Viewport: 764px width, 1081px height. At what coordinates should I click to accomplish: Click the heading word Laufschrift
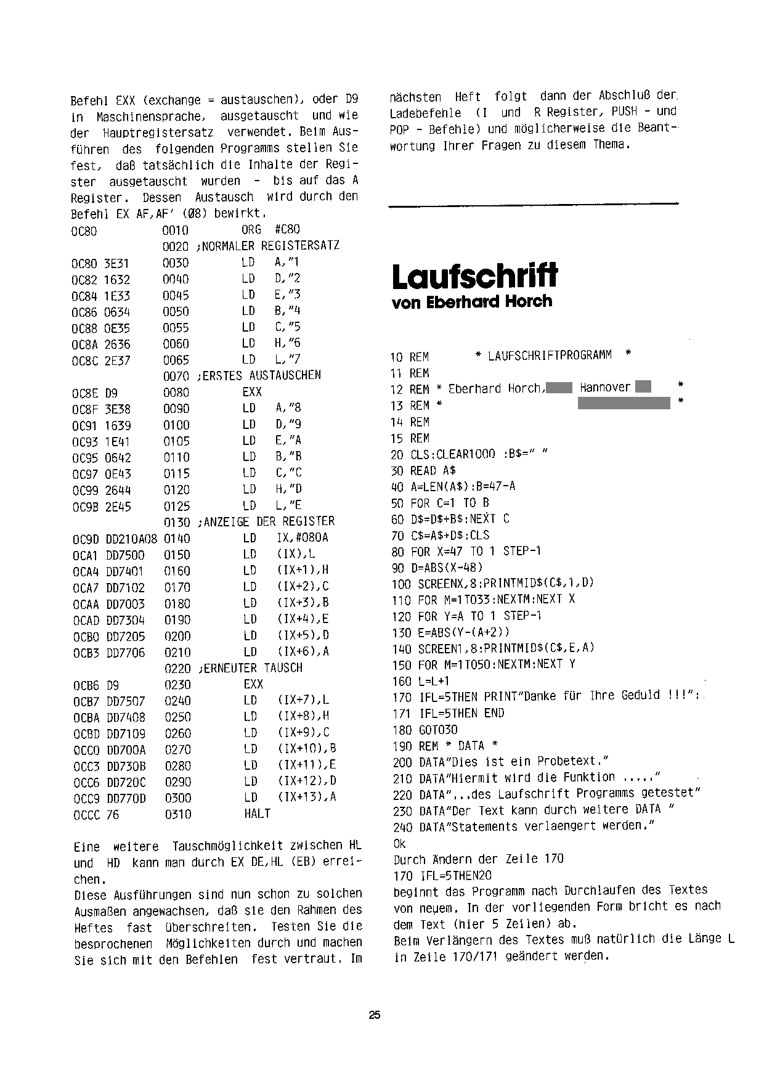(474, 275)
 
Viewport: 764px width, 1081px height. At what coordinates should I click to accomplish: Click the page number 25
(375, 1015)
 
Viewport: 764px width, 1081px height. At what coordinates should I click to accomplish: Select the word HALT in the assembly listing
(257, 814)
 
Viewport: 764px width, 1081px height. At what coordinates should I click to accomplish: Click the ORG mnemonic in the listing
(252, 229)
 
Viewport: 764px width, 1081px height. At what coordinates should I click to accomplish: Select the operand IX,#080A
(303, 538)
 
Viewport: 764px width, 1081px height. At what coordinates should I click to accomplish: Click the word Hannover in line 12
(605, 388)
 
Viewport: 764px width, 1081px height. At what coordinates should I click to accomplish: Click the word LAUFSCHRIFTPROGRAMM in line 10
(550, 356)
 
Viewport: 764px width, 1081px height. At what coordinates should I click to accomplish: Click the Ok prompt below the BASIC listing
(400, 843)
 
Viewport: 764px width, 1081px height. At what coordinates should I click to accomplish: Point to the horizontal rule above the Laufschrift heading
(534, 203)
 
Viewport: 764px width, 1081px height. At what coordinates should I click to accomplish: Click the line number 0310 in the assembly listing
(177, 814)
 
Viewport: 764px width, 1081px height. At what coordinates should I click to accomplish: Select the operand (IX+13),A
(307, 797)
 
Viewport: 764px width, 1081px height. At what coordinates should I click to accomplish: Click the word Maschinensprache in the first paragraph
(148, 116)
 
